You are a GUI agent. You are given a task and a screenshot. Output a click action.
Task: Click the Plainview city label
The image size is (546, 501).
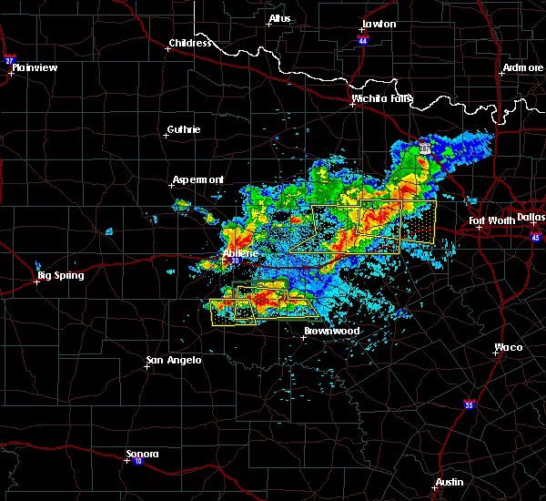tap(35, 66)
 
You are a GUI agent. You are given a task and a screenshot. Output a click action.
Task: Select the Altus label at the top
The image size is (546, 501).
tap(278, 18)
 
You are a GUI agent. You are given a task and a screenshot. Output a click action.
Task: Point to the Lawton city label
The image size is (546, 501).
tap(379, 24)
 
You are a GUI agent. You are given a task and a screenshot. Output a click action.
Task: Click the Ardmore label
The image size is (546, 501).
tap(521, 69)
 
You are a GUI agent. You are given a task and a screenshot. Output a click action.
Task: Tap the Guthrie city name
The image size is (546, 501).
tap(185, 129)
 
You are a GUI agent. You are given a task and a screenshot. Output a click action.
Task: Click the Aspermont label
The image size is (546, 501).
tap(198, 179)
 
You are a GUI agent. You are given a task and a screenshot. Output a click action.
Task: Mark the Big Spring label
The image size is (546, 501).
tap(60, 275)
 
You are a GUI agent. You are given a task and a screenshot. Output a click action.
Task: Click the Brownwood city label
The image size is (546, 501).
tap(331, 331)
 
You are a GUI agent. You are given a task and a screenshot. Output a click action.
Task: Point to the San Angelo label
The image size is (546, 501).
tap(174, 360)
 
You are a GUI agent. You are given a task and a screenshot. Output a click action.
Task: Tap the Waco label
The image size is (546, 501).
tap(509, 347)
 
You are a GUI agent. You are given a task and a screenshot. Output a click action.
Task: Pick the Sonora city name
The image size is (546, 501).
tap(142, 454)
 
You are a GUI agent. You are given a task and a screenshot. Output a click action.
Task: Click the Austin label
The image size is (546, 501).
tap(449, 482)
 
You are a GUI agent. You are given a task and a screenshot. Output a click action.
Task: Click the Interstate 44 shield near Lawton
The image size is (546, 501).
tap(362, 41)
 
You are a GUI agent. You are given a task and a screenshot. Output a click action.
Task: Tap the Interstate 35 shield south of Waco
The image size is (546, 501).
tap(469, 404)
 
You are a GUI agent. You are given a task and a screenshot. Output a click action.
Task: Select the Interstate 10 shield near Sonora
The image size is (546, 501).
tap(138, 461)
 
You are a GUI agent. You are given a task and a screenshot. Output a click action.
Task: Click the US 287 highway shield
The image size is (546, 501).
tap(425, 148)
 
